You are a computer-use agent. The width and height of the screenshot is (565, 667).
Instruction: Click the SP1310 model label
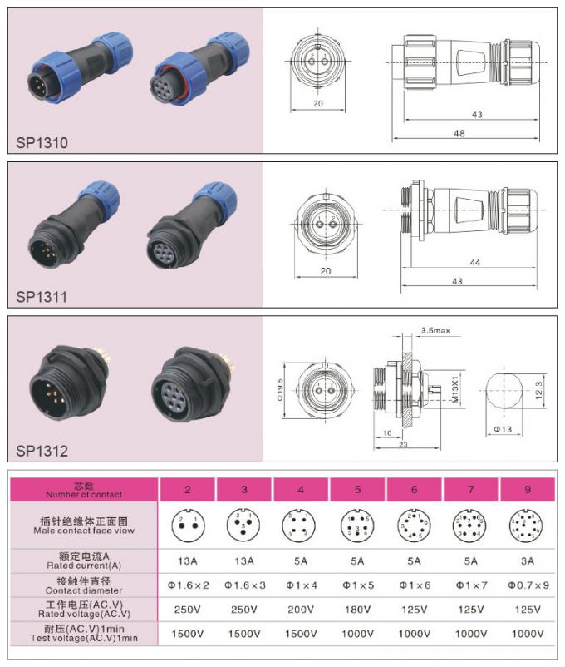(42, 142)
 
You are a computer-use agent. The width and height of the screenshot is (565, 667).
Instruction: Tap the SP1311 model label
(42, 295)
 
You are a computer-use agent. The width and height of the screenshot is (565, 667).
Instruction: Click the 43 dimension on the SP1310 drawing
(477, 115)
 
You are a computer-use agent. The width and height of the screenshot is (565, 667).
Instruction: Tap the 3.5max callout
(435, 330)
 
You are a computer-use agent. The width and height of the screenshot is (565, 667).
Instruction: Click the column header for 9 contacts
(527, 490)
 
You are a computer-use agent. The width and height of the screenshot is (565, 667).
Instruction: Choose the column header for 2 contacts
(187, 490)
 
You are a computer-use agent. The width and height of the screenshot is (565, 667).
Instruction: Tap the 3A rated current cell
(527, 561)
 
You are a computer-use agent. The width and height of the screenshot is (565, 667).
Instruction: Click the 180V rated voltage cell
(356, 609)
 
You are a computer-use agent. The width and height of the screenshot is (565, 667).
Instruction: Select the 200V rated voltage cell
(300, 609)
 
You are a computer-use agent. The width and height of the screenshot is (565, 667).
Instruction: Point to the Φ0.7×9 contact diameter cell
(527, 585)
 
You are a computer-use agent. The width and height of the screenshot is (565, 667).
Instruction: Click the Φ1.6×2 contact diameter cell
(187, 585)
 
